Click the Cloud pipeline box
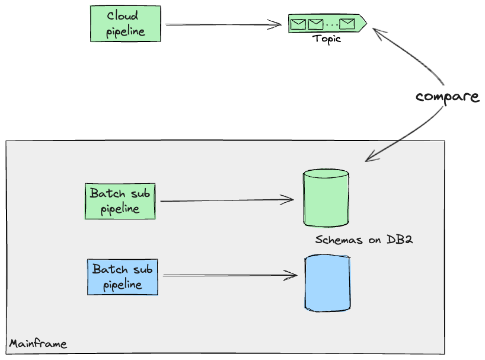(125, 24)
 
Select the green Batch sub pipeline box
(120, 201)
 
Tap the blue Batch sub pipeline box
(123, 277)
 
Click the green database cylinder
(326, 198)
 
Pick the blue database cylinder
(327, 283)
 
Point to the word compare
(447, 97)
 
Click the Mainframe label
(38, 344)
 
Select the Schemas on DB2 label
(364, 240)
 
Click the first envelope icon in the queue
(298, 24)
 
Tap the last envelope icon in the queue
(347, 24)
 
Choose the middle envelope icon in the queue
(315, 24)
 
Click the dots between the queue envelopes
(331, 25)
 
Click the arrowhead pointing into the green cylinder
(289, 200)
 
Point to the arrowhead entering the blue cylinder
(292, 275)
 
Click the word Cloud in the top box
(123, 16)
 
